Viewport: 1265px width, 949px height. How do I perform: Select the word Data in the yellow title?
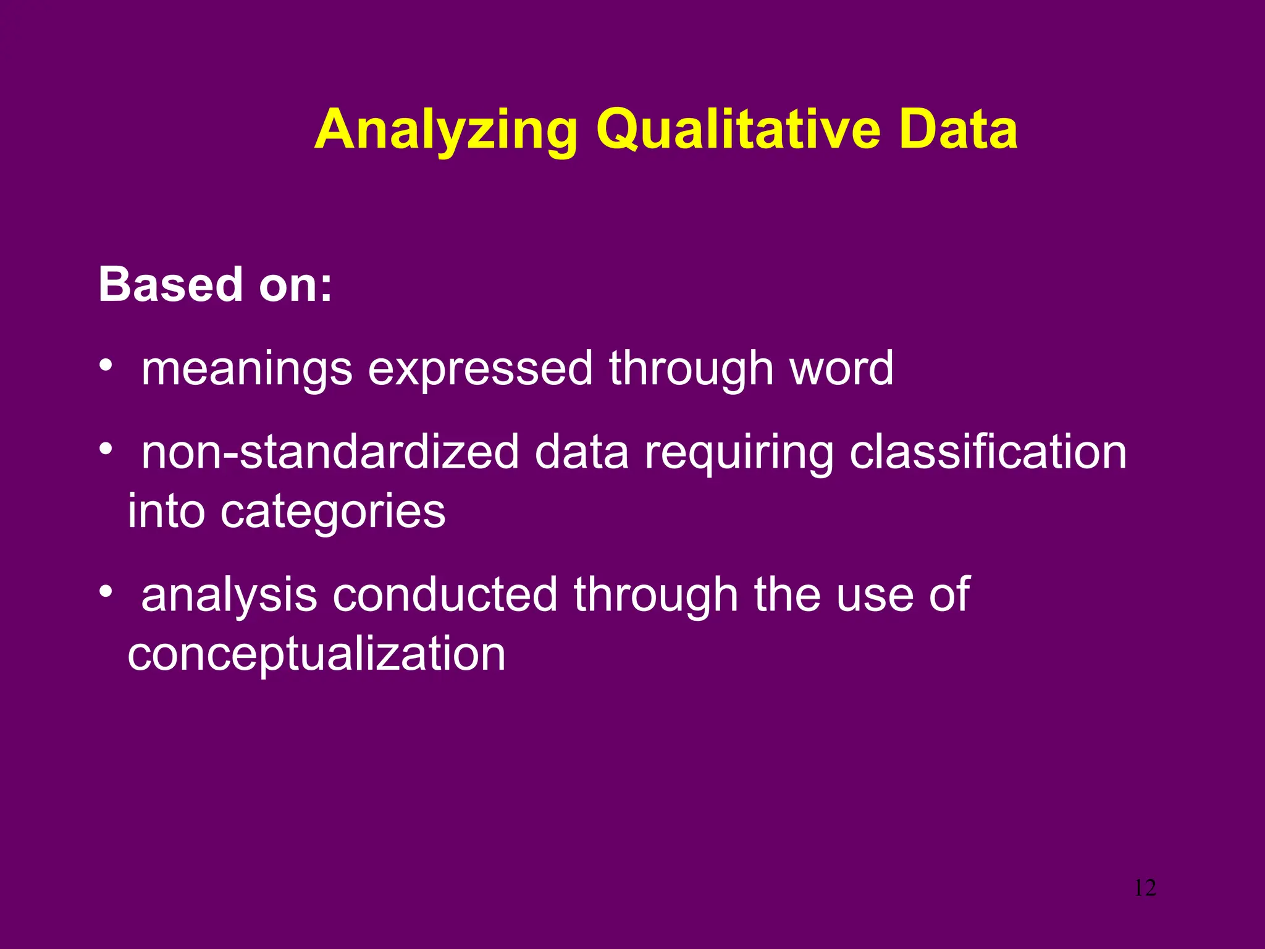[958, 130]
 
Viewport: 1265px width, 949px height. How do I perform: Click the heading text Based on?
[216, 285]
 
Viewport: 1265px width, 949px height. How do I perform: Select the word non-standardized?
[330, 452]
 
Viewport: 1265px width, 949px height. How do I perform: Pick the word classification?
[988, 452]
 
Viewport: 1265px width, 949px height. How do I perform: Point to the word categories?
[333, 513]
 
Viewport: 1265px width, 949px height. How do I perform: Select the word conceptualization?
[316, 656]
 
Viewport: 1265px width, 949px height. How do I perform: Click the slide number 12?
[1145, 888]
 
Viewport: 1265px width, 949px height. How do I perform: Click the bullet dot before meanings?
[106, 365]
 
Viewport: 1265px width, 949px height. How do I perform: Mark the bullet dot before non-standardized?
[106, 448]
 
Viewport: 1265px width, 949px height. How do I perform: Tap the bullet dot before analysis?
[106, 591]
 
